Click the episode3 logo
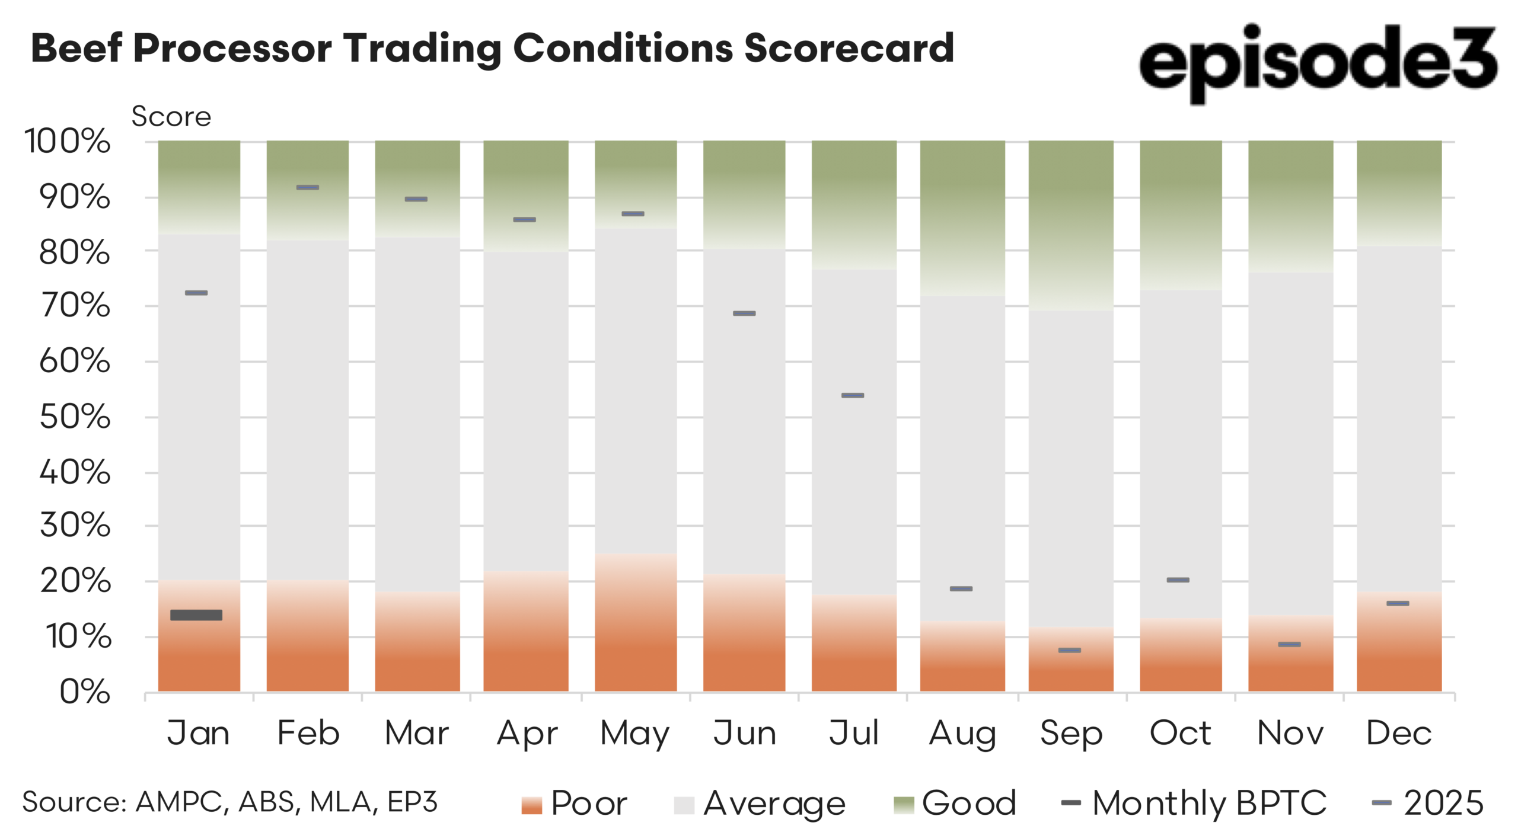pos(1318,62)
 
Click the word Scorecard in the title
pos(849,49)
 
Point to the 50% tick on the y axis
pos(75,417)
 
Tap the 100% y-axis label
pos(68,142)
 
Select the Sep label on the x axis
pos(1071,734)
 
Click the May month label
pos(634,734)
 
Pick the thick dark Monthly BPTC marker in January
pos(196,615)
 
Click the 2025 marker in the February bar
pos(308,187)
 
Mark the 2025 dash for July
pos(853,395)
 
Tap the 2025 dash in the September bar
pos(1070,650)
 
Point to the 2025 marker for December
pos(1398,603)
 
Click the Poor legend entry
pos(575,804)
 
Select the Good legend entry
pos(955,804)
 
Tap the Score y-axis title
pos(171,117)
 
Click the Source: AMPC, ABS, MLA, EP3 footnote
pos(230,802)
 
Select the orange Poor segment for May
pos(636,622)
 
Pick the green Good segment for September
pos(1071,225)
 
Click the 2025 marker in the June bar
pos(744,313)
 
